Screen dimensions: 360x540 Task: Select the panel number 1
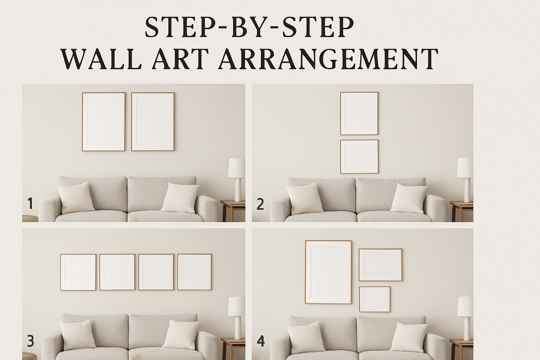pos(30,203)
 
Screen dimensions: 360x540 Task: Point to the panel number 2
pos(259,203)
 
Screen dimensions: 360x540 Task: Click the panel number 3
pos(30,341)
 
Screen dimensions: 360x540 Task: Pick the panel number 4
pos(260,341)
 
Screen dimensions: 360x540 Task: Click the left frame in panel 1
pos(103,121)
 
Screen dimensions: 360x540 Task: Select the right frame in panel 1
pos(152,121)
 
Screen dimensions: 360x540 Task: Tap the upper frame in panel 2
pos(359,113)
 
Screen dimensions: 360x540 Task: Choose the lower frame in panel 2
pos(359,156)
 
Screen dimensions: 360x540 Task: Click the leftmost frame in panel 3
pos(78,272)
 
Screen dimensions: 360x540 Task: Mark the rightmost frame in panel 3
pos(194,272)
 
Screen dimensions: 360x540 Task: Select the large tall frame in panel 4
pos(328,272)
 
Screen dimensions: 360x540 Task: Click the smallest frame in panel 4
pos(374,299)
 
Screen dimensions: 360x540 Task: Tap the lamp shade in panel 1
pos(236,168)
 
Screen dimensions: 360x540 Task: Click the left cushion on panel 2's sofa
pos(304,198)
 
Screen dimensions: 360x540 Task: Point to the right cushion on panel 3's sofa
pos(181,334)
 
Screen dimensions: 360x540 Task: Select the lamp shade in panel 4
pos(465,306)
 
